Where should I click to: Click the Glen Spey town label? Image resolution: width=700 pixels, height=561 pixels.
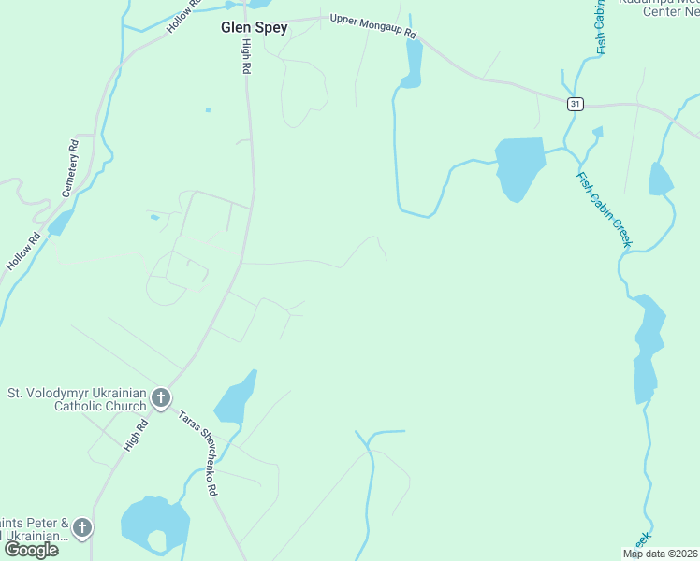pos(254,28)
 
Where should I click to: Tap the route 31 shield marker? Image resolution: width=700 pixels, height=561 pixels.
pos(575,103)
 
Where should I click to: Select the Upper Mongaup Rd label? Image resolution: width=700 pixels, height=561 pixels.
pos(372,27)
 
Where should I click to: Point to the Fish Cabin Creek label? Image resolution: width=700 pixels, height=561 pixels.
pos(605,210)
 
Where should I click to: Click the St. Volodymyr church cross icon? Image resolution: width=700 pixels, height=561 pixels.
pos(161,399)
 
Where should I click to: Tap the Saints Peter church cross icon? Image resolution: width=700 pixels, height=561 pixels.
pos(82,528)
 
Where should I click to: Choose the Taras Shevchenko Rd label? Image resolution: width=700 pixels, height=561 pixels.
pos(199,453)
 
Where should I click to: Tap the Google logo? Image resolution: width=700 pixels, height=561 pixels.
pos(31,549)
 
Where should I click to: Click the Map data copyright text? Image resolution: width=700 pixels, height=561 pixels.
pos(661,554)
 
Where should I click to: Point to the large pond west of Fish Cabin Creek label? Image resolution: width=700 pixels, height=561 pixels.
pos(519,166)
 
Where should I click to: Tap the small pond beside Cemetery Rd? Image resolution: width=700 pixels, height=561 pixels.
pos(60,223)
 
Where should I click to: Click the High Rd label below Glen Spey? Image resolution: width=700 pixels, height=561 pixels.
pos(245,57)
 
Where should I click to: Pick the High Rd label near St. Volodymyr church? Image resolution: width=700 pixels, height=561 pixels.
pos(137,436)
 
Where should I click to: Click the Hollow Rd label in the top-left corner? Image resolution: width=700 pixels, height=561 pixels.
pos(183,17)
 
